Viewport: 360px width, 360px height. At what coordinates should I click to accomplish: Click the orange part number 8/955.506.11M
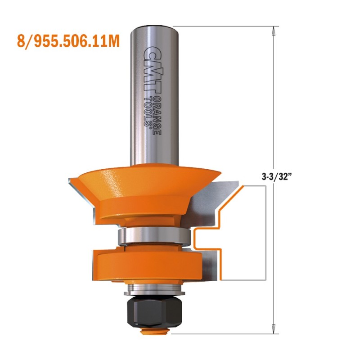click(x=68, y=41)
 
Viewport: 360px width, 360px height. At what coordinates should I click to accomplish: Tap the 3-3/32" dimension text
click(x=275, y=177)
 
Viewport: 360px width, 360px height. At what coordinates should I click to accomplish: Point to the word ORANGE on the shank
click(x=157, y=114)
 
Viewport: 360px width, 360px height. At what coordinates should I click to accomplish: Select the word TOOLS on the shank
click(x=148, y=111)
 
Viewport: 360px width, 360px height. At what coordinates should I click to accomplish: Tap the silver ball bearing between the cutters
click(x=154, y=236)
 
